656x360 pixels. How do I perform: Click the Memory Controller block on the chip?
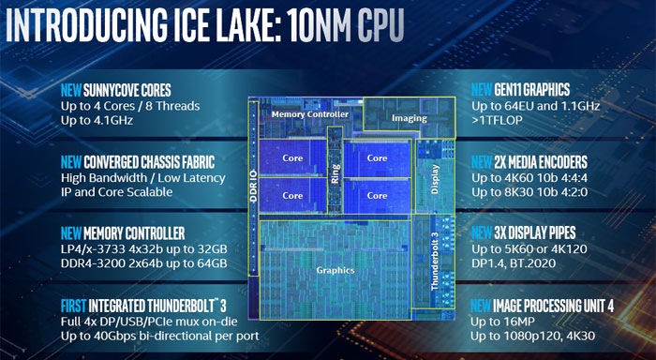click(309, 114)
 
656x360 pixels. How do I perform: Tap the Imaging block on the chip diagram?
click(409, 119)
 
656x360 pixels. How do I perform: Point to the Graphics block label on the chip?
click(335, 270)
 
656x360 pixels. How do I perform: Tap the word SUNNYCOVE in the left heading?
click(102, 90)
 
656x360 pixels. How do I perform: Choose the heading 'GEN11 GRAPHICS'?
click(534, 90)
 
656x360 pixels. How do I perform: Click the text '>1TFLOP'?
click(497, 123)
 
